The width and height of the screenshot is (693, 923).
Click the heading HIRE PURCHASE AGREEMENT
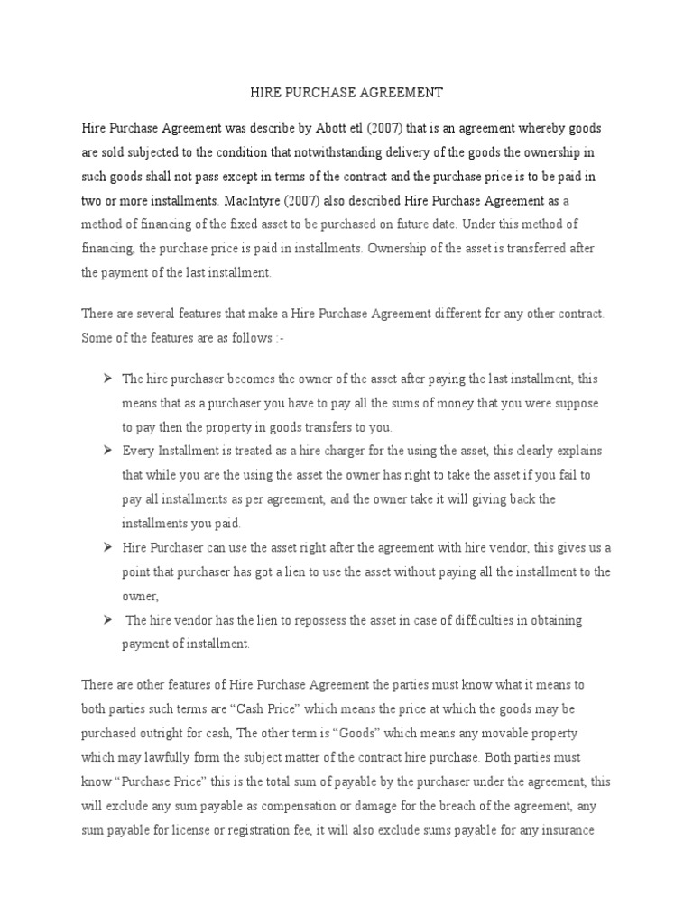pos(346,92)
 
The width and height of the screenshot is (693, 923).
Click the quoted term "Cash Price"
pos(284,709)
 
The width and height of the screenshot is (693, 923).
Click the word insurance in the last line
pos(565,828)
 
